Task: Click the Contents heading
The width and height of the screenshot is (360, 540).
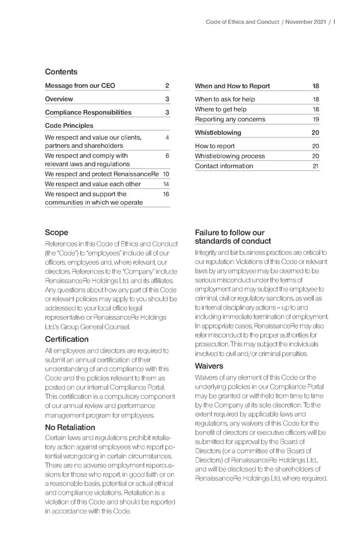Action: (61, 72)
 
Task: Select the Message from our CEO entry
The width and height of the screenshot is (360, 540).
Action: (80, 86)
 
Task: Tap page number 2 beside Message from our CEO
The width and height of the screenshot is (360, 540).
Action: (167, 86)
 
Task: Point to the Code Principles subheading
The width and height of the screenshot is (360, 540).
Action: (69, 125)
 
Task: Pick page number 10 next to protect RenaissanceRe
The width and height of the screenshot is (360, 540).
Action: (166, 174)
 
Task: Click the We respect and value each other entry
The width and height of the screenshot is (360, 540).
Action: (93, 184)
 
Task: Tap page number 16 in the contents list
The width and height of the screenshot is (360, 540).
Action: (166, 194)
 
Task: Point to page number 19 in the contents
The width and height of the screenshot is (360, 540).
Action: (316, 119)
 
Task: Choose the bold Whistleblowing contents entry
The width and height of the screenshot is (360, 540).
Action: (218, 133)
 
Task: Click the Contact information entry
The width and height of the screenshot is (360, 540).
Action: (224, 166)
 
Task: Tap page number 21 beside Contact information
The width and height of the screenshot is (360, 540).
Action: (316, 166)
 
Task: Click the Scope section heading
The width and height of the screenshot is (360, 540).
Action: (56, 232)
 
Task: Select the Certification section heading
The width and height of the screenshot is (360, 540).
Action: (67, 339)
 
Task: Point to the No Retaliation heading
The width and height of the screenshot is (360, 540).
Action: (70, 427)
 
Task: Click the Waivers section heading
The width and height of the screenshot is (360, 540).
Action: (209, 366)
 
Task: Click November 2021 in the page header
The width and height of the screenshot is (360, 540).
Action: (305, 22)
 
